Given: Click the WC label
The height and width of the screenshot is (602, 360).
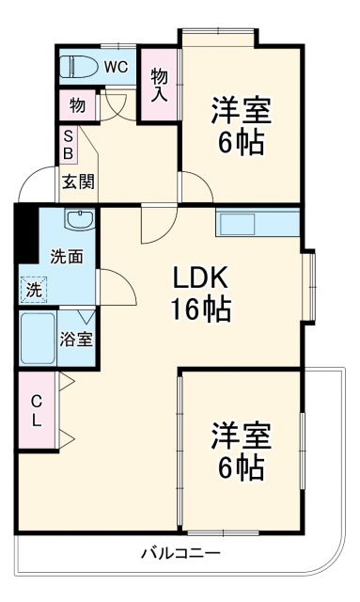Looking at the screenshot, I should click(115, 67).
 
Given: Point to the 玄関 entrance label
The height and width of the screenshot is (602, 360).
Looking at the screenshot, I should click(77, 182).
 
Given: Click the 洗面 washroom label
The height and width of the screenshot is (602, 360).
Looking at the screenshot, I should click(66, 255).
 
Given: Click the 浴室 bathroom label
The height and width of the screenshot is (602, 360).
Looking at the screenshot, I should click(77, 340).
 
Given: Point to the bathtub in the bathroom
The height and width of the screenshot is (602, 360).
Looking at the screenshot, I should click(39, 340).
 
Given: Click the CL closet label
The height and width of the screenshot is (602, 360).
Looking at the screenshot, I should click(36, 410).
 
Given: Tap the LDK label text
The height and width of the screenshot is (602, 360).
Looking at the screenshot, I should click(200, 277).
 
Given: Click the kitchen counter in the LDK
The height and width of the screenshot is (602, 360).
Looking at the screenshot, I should click(257, 223).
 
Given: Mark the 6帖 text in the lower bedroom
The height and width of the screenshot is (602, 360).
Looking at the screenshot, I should click(241, 467).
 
